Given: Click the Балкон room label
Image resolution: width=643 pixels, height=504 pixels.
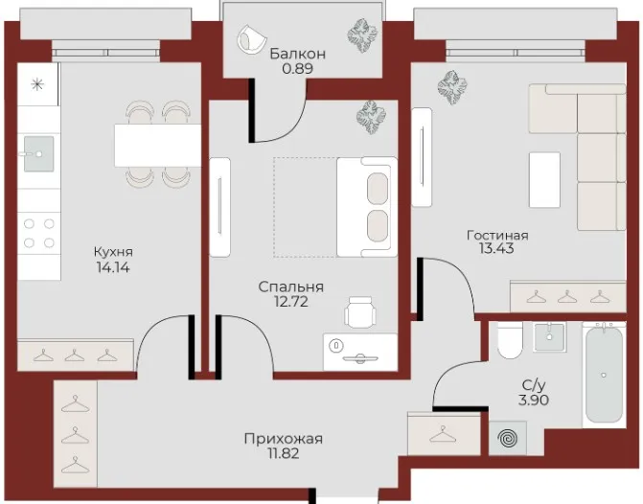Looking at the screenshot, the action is click(x=298, y=54).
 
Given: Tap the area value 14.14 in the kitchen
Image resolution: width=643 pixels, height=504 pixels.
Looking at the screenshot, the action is click(x=113, y=267).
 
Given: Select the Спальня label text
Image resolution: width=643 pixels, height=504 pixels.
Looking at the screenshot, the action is click(x=291, y=287).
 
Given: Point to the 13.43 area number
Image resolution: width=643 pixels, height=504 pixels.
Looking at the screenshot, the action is click(x=496, y=248).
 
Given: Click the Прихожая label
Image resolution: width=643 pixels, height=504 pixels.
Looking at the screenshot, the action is click(x=284, y=439).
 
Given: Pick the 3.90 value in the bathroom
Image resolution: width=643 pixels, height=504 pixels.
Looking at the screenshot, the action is click(x=534, y=400).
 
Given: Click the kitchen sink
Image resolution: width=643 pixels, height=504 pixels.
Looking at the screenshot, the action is click(x=38, y=153).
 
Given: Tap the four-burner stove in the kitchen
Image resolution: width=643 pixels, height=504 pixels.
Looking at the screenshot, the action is click(x=39, y=234).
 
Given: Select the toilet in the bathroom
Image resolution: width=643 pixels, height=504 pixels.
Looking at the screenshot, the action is click(x=510, y=340).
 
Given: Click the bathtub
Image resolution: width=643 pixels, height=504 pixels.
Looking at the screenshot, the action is click(x=604, y=374).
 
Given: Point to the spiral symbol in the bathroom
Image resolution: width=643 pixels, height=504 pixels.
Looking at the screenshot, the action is click(x=508, y=438).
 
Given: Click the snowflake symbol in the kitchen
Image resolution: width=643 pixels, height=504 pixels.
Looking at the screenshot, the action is click(x=37, y=85).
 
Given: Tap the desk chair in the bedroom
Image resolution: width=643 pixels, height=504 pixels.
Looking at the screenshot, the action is click(x=360, y=311).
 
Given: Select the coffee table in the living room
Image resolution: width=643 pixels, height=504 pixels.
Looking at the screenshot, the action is click(x=544, y=180).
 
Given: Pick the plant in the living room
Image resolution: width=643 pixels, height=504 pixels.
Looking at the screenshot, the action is click(x=452, y=86).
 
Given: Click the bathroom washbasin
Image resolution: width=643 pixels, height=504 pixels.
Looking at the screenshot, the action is click(x=549, y=336).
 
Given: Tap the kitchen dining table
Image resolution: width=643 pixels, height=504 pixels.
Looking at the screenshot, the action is click(x=158, y=146).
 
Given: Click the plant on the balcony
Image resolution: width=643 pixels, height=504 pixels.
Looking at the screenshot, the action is click(x=362, y=35).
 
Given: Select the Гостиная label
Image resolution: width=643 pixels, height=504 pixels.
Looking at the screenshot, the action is click(x=497, y=236).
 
